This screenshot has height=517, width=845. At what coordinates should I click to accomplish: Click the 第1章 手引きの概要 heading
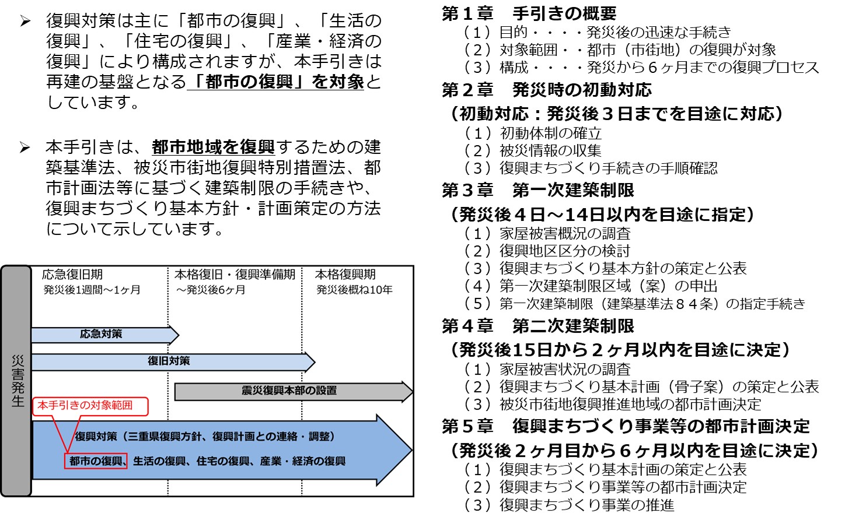(x=529, y=13)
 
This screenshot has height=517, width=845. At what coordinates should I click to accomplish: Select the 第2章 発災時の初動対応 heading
(x=546, y=90)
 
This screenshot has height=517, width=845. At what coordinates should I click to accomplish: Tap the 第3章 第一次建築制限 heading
(x=537, y=190)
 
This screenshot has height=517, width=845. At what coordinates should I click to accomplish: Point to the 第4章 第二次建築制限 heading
(x=537, y=326)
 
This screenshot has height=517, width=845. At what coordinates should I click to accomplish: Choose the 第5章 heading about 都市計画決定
(x=626, y=426)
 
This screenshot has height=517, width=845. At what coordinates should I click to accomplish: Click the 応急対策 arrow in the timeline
(x=102, y=335)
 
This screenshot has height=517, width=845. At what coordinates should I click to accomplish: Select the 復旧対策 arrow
(x=169, y=361)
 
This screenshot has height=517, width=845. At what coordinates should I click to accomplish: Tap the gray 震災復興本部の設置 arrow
(x=290, y=391)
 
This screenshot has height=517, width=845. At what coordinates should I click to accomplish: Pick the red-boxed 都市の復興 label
(x=96, y=461)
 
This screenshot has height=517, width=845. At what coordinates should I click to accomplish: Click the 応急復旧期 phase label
(x=72, y=275)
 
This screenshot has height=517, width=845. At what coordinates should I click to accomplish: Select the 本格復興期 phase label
(x=345, y=275)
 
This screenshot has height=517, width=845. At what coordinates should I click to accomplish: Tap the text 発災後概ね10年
(x=354, y=290)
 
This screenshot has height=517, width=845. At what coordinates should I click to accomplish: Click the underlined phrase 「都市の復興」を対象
(x=277, y=82)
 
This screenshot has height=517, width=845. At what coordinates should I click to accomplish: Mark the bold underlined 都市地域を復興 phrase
(x=213, y=147)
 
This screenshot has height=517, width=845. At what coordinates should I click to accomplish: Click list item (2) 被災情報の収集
(x=533, y=151)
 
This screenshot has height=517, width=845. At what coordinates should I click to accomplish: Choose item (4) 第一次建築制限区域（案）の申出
(x=591, y=286)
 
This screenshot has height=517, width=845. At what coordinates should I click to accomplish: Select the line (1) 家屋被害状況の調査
(x=547, y=370)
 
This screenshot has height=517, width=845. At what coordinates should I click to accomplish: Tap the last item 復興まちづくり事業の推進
(x=569, y=505)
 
